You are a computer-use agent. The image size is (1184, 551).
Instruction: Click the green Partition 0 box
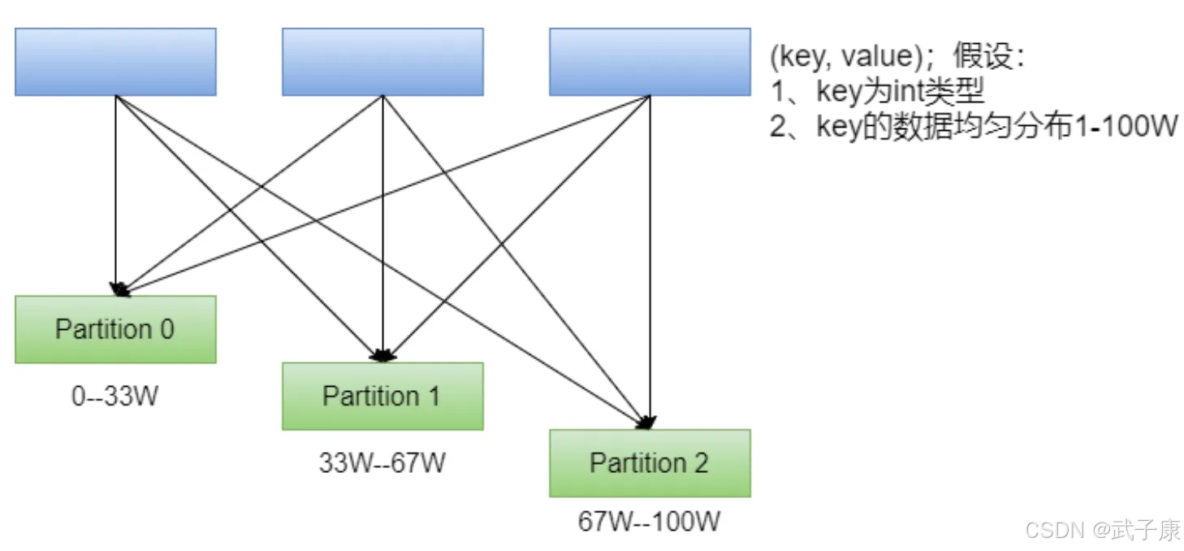(x=115, y=329)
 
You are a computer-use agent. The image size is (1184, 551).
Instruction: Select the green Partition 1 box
(x=382, y=396)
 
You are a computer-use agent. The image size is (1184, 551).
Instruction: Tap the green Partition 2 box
(x=650, y=463)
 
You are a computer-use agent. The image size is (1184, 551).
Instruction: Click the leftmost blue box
(x=115, y=62)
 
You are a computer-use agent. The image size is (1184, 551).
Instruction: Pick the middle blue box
(x=382, y=62)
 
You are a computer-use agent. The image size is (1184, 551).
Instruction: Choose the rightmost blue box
(x=650, y=62)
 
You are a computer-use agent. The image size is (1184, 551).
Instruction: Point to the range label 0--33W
(x=115, y=396)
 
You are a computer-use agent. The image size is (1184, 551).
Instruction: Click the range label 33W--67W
(x=382, y=462)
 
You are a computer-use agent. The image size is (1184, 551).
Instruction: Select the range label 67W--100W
(x=649, y=522)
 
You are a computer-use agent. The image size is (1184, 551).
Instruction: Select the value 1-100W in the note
(x=1126, y=127)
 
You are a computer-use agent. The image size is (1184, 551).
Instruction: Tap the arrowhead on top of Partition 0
(x=119, y=289)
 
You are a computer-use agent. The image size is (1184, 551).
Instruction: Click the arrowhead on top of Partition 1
(x=382, y=355)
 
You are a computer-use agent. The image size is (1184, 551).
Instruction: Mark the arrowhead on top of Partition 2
(x=647, y=422)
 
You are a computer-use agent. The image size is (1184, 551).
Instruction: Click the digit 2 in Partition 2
(x=701, y=463)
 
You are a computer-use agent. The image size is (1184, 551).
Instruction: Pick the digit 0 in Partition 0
(x=167, y=329)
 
